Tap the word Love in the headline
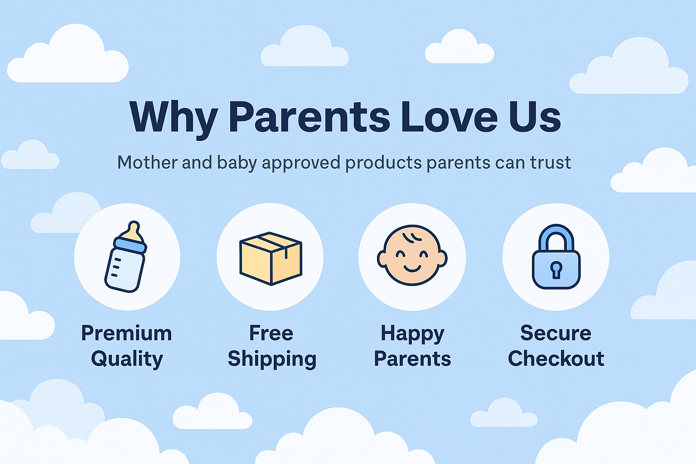coord(449,117)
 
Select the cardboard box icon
coord(271,259)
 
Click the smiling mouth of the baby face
coord(412,268)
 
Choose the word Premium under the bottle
coord(126,333)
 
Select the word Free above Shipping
coord(271,333)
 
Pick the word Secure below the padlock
coord(556,333)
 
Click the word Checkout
coord(556,358)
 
